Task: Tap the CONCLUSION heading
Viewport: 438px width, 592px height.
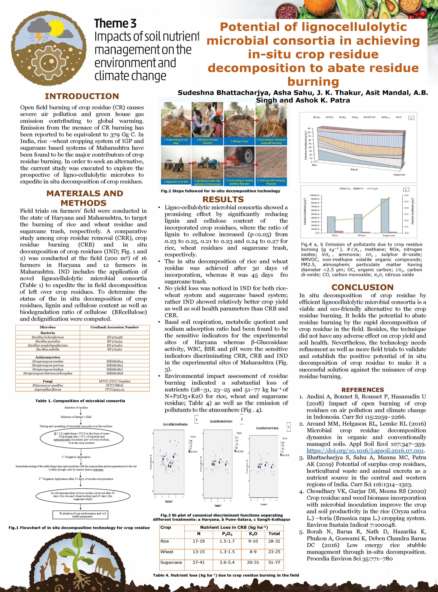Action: (362, 287)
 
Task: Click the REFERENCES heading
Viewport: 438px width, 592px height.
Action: (362, 390)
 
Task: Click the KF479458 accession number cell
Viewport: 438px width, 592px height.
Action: (115, 337)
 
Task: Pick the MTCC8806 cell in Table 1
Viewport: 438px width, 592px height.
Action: (115, 385)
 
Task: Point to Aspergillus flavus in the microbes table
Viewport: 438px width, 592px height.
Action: (48, 389)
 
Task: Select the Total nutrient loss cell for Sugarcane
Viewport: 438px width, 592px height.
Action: (274, 562)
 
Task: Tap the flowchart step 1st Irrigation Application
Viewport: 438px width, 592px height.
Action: (76, 457)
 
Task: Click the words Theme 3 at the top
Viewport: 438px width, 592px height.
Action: (115, 24)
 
